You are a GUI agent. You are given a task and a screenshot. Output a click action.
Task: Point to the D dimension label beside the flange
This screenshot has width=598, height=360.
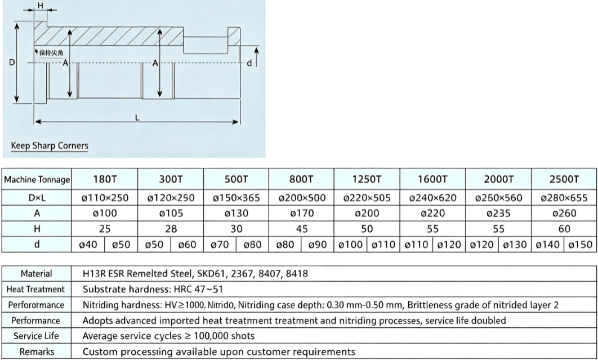(12, 62)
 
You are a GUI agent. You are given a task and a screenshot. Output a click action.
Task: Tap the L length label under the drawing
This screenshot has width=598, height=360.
(137, 118)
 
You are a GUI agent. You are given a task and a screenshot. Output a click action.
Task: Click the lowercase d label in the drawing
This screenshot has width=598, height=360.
(249, 63)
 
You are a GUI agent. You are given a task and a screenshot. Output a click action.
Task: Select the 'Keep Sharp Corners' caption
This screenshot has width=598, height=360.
(50, 145)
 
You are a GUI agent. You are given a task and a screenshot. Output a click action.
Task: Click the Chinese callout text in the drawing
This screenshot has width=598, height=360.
(51, 53)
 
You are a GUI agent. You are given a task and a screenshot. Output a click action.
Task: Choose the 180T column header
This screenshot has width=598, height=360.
(105, 179)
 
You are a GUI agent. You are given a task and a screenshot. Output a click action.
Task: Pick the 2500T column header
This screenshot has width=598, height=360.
(564, 179)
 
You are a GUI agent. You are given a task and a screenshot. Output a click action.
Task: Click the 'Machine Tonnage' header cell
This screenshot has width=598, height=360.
(37, 179)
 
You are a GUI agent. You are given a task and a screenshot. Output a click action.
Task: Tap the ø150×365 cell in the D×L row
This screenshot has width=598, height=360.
(236, 198)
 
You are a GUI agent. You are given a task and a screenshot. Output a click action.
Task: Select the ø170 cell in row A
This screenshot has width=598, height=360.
(302, 213)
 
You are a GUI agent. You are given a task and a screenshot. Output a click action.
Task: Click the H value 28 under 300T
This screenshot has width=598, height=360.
(171, 229)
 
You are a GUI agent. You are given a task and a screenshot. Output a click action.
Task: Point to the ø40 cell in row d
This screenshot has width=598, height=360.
(88, 245)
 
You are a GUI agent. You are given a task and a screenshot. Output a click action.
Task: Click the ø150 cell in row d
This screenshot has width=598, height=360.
(580, 245)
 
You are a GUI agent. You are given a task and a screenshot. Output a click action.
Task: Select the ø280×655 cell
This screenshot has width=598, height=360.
(564, 198)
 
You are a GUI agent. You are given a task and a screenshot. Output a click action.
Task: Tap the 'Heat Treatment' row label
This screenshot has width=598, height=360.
(36, 290)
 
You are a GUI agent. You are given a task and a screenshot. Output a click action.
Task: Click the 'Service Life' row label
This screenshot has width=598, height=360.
(36, 336)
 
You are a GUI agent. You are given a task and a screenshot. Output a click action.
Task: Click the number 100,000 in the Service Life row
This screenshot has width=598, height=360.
(210, 336)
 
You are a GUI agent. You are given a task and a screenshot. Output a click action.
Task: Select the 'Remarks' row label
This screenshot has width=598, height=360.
(37, 352)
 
